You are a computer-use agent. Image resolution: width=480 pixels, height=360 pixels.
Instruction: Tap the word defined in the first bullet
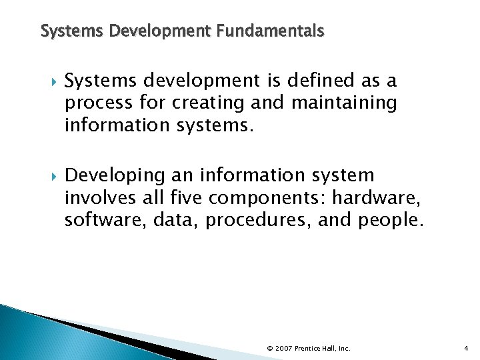[x=296, y=81]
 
